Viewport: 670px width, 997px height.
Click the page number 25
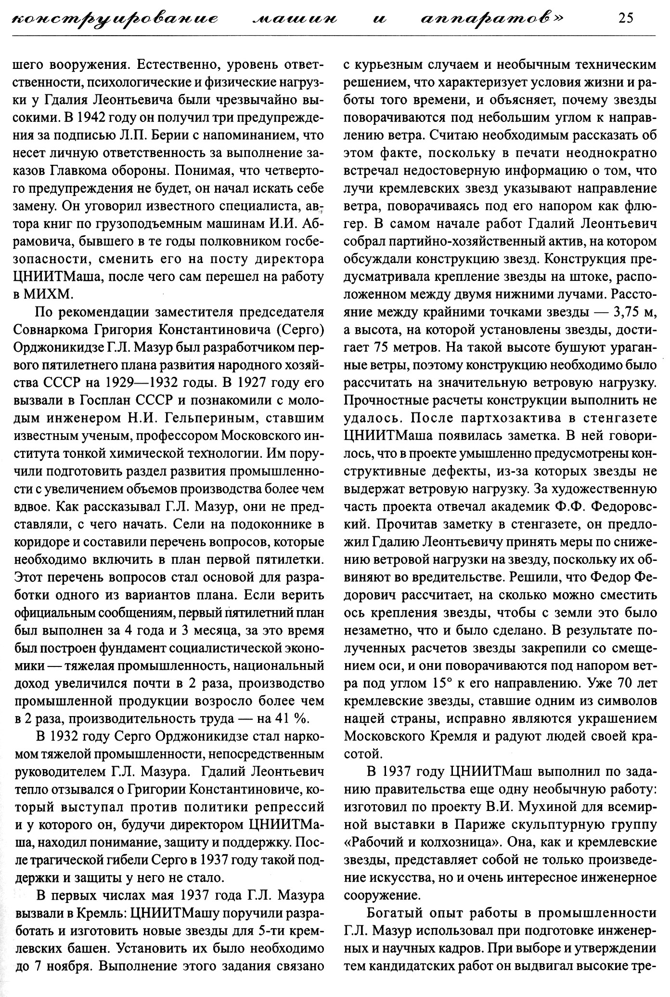pos(626,18)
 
